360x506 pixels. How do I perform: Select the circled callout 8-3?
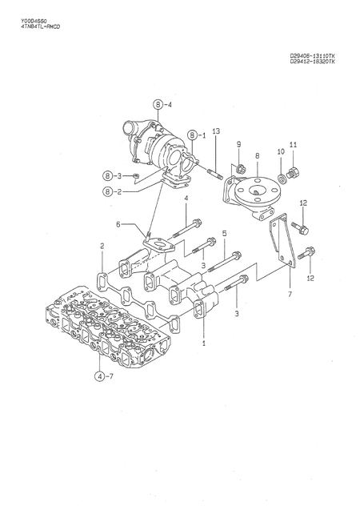(110, 175)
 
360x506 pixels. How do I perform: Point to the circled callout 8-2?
(110, 191)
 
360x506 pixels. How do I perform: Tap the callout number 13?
(216, 131)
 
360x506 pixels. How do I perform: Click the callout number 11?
(293, 145)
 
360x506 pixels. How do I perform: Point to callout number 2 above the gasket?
(102, 246)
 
